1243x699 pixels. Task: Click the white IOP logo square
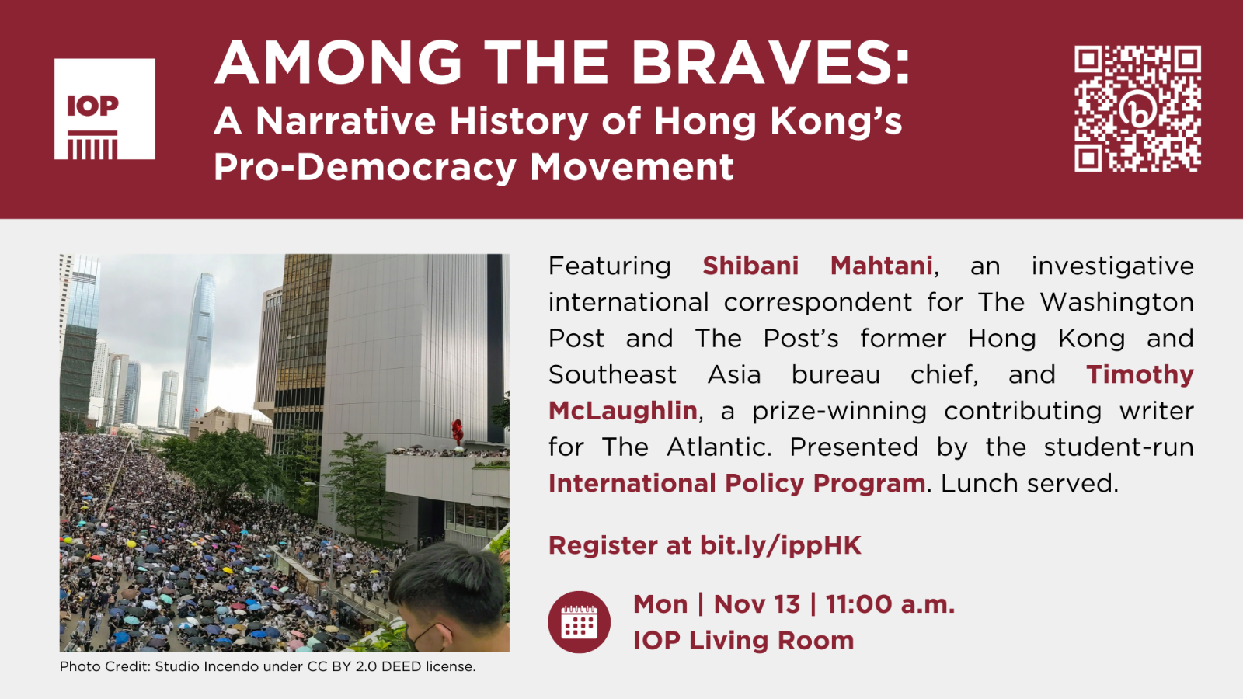[105, 109]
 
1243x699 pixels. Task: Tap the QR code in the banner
[1137, 109]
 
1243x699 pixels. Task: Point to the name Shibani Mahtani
[817, 266]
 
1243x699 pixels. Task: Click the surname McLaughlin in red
[622, 411]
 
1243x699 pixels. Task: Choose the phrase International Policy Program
[737, 483]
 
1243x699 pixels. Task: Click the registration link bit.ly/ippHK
[781, 545]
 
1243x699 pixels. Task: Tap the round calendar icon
[580, 622]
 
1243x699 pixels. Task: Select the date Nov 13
[757, 604]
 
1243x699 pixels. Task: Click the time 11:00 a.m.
[890, 604]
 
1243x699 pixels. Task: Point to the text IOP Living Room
[743, 641]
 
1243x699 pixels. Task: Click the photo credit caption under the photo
[267, 666]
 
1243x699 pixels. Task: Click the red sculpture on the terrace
[458, 432]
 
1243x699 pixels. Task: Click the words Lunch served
[1029, 483]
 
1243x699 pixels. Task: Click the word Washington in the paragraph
[1116, 302]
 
